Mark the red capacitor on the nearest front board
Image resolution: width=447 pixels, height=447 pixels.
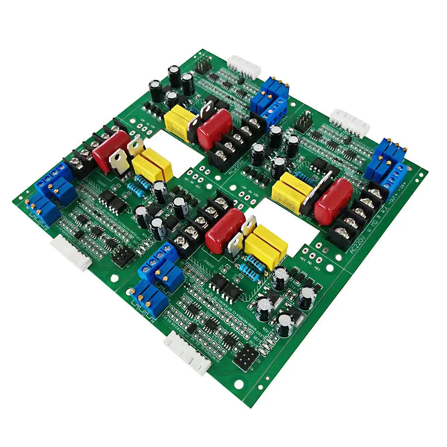[224, 231]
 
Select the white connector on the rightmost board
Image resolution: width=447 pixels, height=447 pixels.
[349, 123]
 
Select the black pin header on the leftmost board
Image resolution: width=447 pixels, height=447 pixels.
[123, 255]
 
